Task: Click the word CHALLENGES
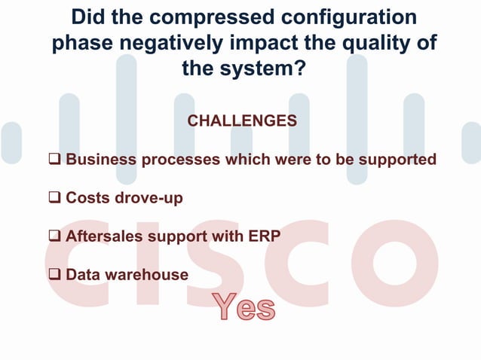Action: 241,121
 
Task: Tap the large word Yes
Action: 242,308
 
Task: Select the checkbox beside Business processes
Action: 56,160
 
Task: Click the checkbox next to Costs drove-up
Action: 56,198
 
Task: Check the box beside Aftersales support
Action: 56,236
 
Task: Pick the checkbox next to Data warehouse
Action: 56,275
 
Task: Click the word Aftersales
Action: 104,236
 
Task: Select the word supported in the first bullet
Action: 396,160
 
